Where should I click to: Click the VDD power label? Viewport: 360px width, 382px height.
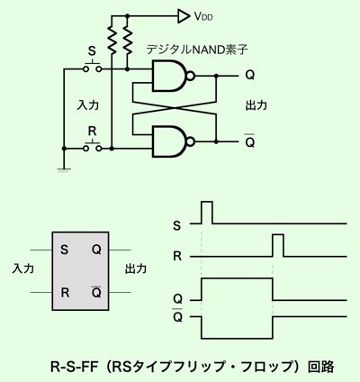tap(203, 16)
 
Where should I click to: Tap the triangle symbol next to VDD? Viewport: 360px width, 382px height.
tap(184, 16)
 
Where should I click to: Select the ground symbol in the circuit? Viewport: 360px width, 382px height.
tap(64, 170)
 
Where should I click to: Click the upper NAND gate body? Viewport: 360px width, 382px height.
tap(168, 76)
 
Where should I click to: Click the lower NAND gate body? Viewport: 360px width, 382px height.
tap(168, 141)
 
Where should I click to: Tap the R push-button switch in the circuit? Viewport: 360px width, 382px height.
tap(92, 147)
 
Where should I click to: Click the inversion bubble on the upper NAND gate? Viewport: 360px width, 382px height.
tap(191, 76)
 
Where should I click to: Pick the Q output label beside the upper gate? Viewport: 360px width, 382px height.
tap(250, 75)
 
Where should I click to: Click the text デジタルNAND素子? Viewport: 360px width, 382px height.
tap(197, 50)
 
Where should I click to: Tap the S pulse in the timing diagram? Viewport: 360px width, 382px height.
tap(207, 213)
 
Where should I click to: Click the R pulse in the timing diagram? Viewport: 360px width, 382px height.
tap(278, 246)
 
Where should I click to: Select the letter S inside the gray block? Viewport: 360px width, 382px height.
tap(64, 250)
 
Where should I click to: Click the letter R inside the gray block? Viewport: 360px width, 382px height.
tap(65, 292)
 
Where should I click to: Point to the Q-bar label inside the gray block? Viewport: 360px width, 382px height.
tap(96, 292)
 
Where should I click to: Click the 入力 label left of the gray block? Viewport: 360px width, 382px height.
tap(22, 268)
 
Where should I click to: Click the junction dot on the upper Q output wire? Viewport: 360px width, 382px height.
tap(216, 76)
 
